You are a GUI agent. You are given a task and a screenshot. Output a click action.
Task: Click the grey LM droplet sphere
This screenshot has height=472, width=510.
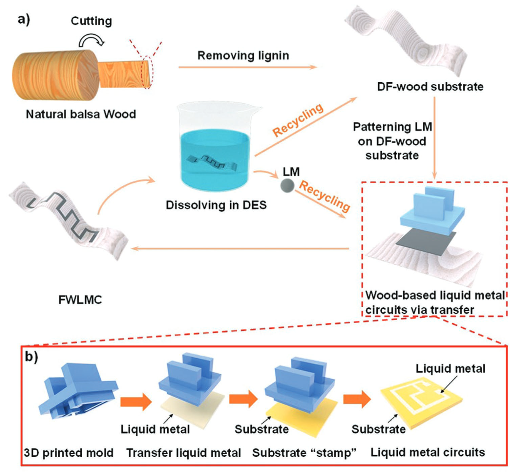[287, 185]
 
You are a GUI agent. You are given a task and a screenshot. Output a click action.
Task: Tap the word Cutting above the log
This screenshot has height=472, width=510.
[91, 21]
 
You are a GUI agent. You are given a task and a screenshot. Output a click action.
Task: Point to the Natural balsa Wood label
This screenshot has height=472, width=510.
[81, 114]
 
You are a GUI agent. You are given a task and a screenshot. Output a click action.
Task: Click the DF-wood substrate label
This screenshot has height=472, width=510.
[430, 87]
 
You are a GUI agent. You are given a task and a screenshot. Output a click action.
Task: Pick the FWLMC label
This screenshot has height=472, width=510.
[80, 300]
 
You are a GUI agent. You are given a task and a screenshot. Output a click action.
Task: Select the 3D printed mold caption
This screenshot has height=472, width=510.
[69, 453]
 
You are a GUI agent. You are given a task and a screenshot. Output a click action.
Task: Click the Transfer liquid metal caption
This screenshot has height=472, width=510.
[184, 453]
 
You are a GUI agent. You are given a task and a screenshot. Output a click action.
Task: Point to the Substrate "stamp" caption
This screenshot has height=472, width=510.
[304, 453]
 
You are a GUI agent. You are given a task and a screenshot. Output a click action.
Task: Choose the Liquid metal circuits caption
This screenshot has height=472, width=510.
[428, 453]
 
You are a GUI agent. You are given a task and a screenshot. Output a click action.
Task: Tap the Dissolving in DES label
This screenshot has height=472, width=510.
[216, 205]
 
